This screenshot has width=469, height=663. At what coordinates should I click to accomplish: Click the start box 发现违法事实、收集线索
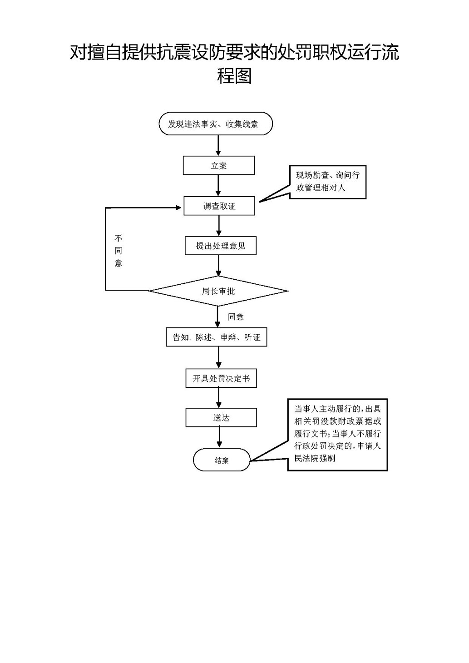(216, 124)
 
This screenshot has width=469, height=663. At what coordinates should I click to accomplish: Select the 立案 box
(218, 166)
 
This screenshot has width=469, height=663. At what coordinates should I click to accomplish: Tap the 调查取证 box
(219, 206)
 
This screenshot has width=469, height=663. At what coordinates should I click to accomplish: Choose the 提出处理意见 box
(221, 246)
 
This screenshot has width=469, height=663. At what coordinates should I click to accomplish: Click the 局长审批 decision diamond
(218, 291)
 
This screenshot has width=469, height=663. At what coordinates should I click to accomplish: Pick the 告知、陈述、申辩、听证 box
(216, 337)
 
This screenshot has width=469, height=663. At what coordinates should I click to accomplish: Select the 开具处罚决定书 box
(221, 378)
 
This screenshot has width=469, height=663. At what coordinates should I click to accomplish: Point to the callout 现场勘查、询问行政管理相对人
(327, 182)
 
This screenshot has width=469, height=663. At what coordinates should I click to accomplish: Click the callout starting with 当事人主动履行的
(337, 434)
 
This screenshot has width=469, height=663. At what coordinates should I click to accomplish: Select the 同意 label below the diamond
(236, 317)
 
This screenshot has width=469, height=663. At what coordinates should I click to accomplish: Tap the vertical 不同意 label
(118, 251)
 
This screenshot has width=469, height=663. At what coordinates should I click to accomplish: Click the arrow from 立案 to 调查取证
(218, 186)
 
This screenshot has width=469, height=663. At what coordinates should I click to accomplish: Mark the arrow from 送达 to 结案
(220, 437)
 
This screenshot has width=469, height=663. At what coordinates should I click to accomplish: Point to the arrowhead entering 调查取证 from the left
(179, 208)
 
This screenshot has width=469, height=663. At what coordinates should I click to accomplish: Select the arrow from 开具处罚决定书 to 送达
(219, 398)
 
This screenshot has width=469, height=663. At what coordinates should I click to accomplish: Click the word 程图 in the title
(234, 76)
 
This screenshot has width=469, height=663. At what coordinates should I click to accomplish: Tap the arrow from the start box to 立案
(218, 146)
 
